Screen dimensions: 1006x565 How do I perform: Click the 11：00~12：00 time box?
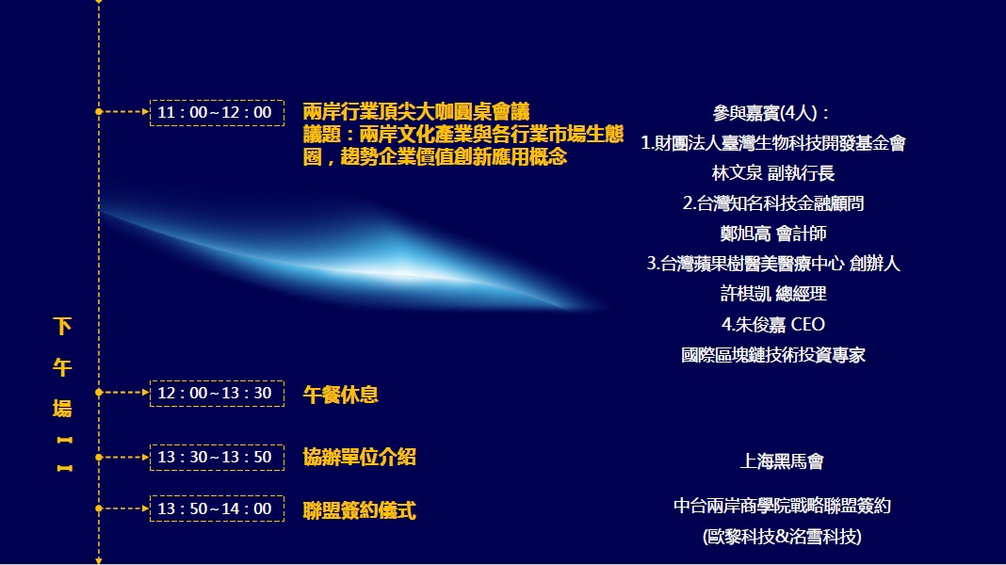217,113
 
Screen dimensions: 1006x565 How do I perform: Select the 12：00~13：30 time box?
217,393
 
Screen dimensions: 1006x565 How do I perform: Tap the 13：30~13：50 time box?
217,458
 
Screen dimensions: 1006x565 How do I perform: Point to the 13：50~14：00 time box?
217,508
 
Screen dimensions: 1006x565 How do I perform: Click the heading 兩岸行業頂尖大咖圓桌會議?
416,112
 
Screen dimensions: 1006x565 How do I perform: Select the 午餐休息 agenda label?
341,395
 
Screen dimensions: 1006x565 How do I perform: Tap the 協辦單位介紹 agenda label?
359,458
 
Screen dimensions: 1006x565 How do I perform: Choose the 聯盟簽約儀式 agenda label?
359,510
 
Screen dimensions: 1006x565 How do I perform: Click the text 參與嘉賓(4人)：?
772,113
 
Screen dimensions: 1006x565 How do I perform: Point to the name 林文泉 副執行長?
772,173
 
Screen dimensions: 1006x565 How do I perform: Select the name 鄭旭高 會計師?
773,234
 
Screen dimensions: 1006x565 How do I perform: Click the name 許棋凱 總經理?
773,294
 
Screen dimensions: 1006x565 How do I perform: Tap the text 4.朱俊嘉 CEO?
773,325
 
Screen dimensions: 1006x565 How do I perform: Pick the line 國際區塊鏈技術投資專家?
773,355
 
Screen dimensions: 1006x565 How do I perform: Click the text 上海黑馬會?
782,461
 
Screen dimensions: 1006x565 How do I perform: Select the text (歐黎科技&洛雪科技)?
782,536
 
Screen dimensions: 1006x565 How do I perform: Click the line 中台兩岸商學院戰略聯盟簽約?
782,506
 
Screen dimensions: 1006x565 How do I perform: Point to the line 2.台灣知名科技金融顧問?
773,203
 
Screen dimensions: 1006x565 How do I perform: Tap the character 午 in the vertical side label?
62,368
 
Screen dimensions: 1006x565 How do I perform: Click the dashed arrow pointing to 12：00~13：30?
123,393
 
